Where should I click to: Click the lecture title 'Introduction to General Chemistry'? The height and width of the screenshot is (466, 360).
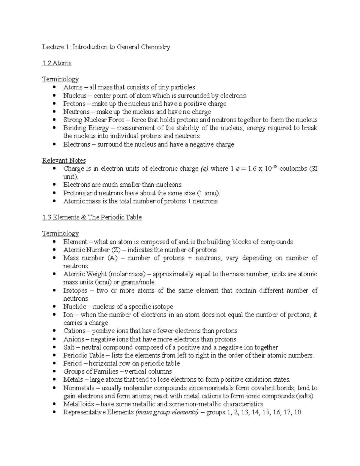(121, 47)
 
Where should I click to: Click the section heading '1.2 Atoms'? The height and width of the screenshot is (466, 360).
(57, 63)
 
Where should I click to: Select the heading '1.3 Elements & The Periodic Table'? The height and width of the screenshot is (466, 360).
(92, 217)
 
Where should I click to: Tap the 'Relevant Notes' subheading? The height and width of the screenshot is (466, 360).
(64, 161)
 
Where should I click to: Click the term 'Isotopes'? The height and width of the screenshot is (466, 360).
(75, 290)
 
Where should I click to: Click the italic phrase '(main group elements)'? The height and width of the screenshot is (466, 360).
(167, 412)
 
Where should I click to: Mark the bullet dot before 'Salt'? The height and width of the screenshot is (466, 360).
(54, 347)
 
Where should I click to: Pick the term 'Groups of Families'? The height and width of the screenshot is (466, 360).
(91, 371)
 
